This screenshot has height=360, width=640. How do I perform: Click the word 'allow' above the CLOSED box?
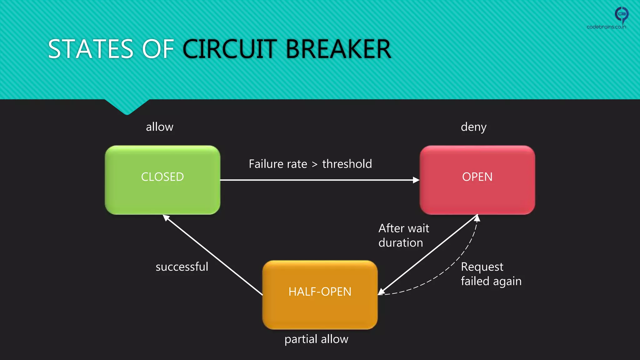tap(159, 127)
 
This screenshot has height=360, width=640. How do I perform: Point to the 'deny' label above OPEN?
tap(473, 127)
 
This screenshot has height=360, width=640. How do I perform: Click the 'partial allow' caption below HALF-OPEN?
tap(316, 339)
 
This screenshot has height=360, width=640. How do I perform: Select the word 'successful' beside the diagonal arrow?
tap(182, 267)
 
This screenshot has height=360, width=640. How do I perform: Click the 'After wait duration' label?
tap(403, 235)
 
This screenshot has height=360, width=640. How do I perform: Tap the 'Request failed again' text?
tap(491, 274)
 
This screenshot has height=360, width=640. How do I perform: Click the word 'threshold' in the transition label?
tap(347, 164)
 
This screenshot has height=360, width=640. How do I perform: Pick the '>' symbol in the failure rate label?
tap(314, 165)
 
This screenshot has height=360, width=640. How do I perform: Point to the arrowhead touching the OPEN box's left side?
tap(416, 180)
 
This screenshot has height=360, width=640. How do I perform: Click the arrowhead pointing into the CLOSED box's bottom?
tap(166, 217)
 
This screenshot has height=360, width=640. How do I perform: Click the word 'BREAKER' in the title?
tap(338, 49)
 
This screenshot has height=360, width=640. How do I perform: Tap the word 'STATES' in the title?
tap(91, 49)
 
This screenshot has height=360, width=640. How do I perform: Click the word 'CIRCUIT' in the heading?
tap(230, 49)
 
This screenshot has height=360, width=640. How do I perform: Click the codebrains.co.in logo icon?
tap(621, 14)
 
